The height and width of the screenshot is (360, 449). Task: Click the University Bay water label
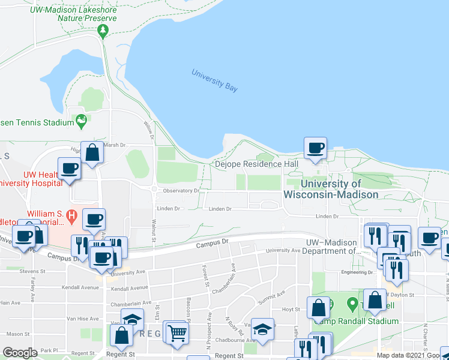[x=214, y=81]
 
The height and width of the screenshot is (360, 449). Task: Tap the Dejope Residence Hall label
[x=256, y=164]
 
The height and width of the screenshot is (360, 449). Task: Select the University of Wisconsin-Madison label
[x=331, y=189]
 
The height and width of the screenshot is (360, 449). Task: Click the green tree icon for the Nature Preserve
[x=103, y=29]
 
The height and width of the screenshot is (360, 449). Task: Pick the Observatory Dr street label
[x=181, y=191]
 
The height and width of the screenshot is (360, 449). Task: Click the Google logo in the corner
[x=20, y=353]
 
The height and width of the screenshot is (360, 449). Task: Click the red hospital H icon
[x=72, y=214]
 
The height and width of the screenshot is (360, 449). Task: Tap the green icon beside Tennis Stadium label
[x=82, y=122]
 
